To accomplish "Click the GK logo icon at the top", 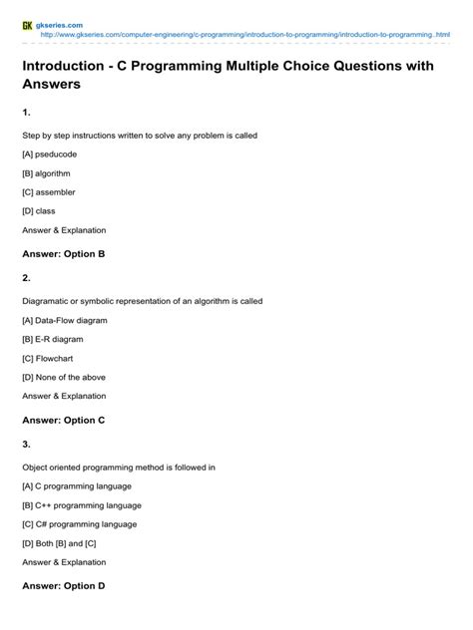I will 28,24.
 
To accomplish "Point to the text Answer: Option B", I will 63,254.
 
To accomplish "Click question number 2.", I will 27,278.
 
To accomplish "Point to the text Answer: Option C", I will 63,421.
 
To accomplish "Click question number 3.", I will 27,445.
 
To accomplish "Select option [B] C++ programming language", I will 82,505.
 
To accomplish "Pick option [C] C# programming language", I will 80,524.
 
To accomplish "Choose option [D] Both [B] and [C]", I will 61,543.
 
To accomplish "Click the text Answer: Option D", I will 63,587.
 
